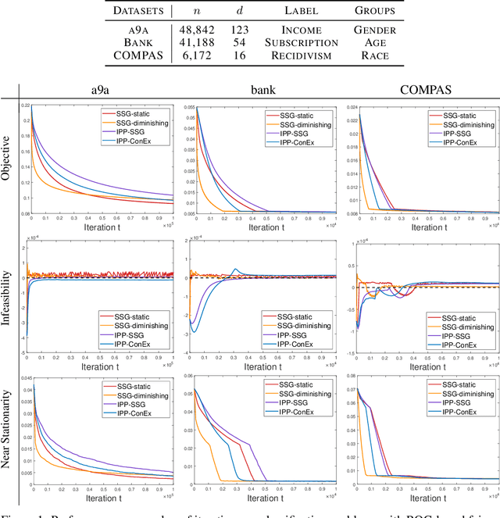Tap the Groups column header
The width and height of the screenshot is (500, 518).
tap(375, 11)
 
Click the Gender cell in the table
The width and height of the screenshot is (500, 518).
tap(375, 30)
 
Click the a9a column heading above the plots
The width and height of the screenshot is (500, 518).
tap(98, 88)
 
